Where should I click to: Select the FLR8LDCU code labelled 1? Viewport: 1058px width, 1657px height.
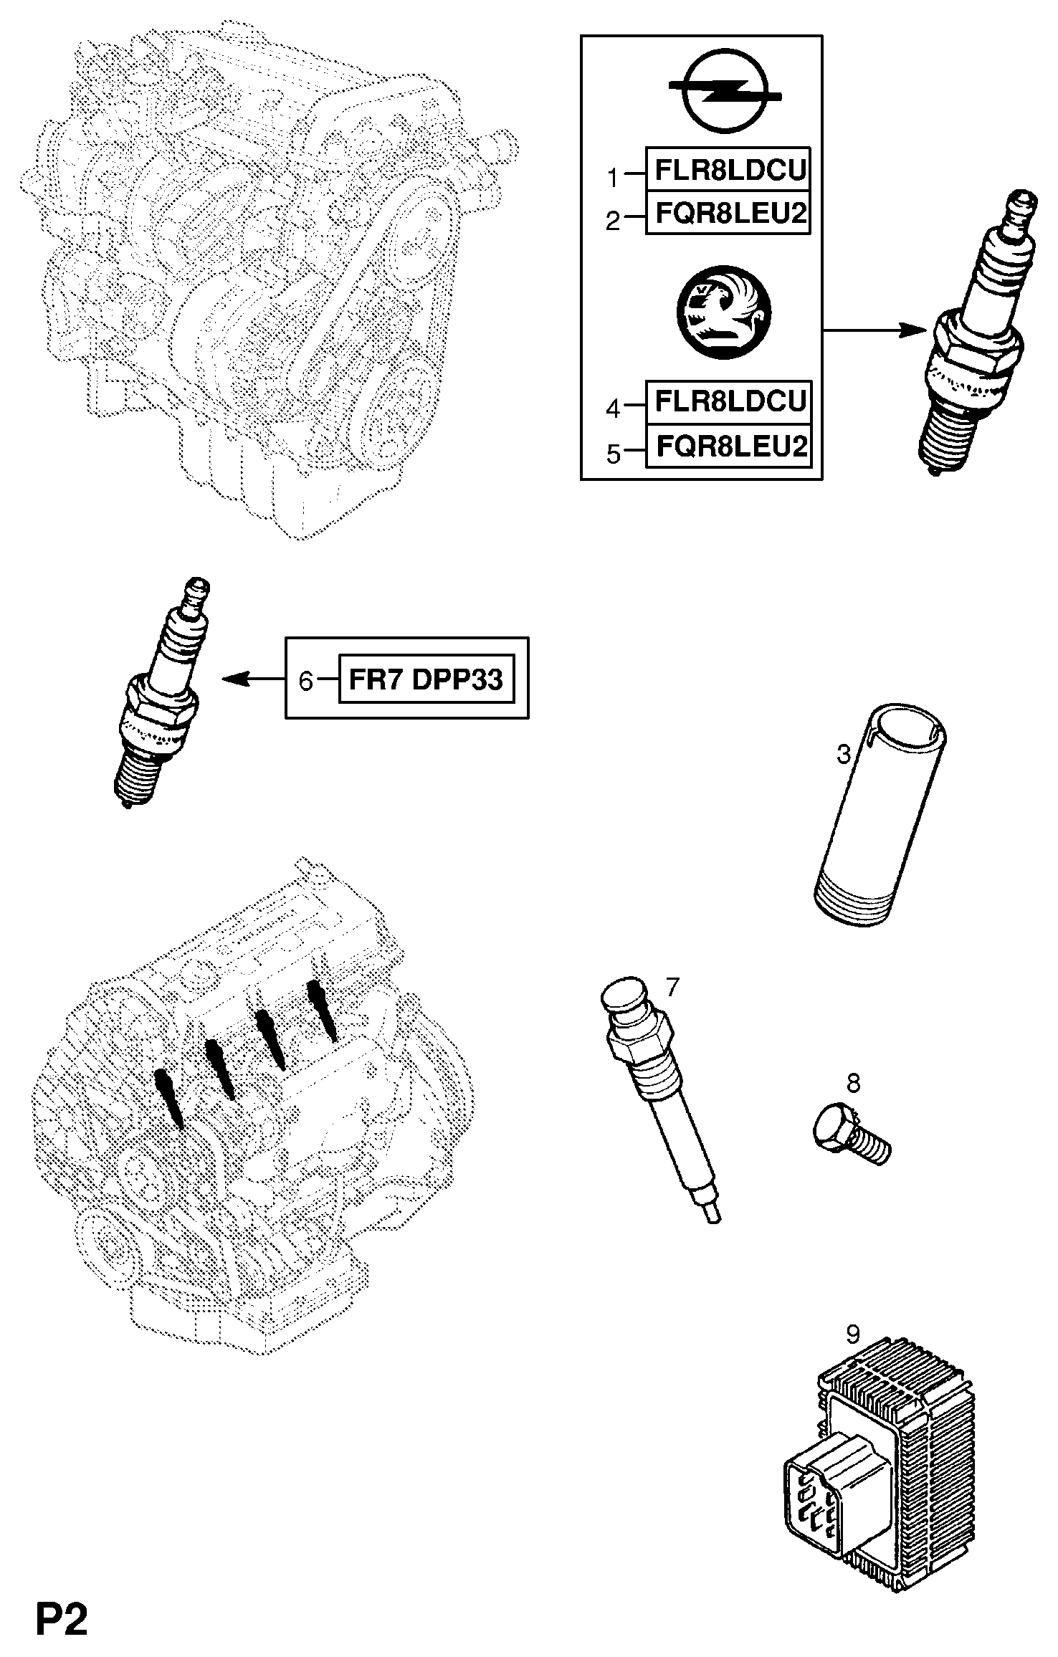click(728, 170)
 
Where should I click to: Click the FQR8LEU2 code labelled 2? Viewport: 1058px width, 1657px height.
click(728, 214)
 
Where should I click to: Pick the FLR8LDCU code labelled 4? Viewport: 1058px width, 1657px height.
click(728, 402)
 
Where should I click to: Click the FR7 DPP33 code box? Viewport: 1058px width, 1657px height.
click(426, 679)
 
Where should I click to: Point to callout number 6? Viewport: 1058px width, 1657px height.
click(306, 680)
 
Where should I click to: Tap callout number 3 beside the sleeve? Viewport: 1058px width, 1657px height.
click(844, 754)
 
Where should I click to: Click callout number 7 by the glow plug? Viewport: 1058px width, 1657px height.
click(672, 988)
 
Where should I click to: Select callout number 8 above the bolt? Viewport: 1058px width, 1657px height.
click(853, 1083)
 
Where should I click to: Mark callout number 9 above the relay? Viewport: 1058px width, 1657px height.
click(853, 1334)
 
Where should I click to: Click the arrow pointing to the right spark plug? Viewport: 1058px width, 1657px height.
click(874, 330)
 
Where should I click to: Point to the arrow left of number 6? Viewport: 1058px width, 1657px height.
click(251, 679)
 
